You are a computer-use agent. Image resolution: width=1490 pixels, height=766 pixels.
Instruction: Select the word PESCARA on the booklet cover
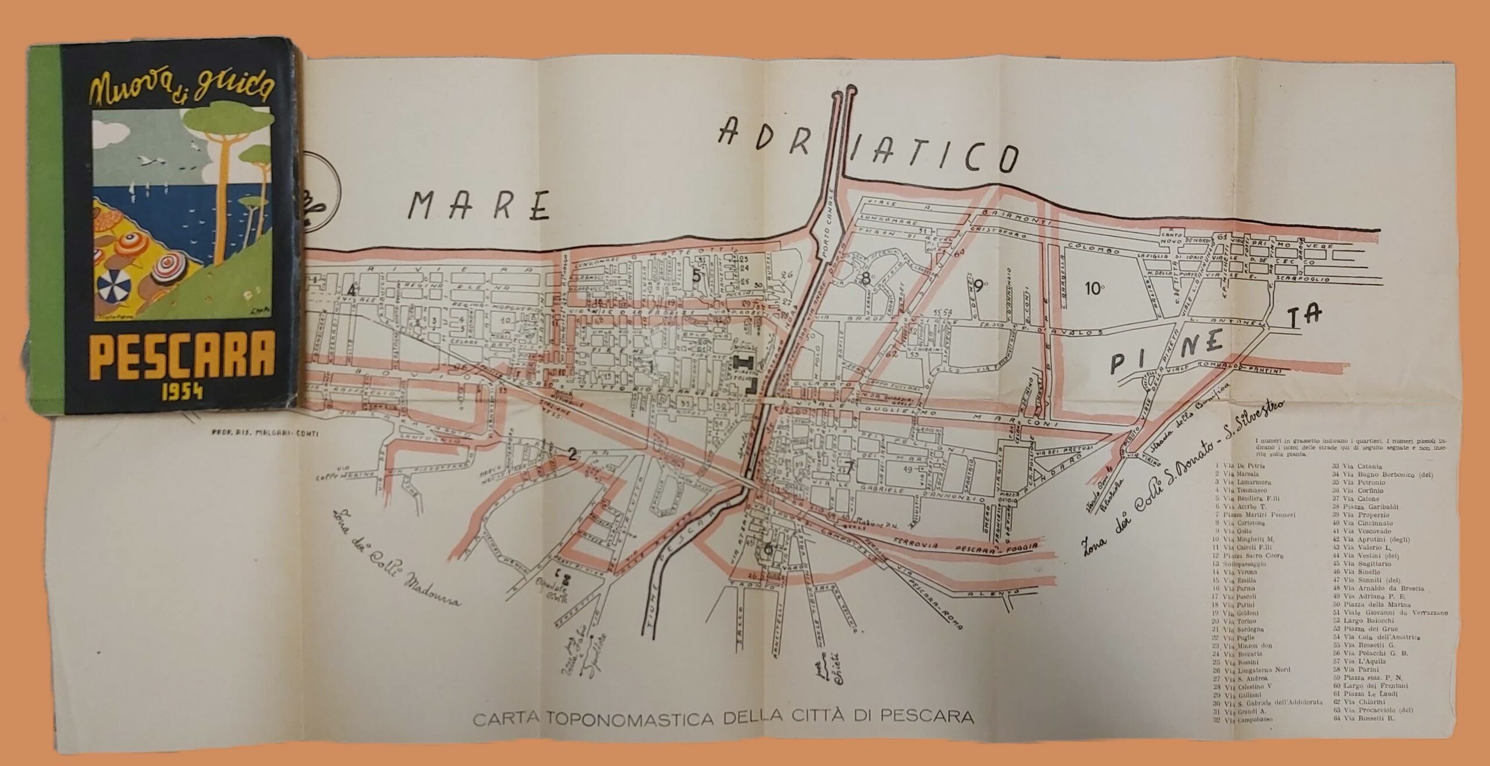click(x=182, y=360)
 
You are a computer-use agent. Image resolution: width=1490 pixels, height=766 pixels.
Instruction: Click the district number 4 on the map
click(x=351, y=289)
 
